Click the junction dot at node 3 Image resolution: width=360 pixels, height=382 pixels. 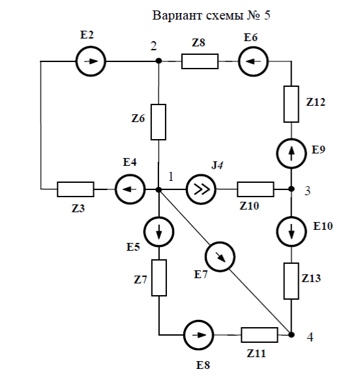click(x=291, y=189)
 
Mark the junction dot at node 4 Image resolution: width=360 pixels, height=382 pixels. click(x=291, y=335)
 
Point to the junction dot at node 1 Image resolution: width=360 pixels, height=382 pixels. click(x=158, y=189)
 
